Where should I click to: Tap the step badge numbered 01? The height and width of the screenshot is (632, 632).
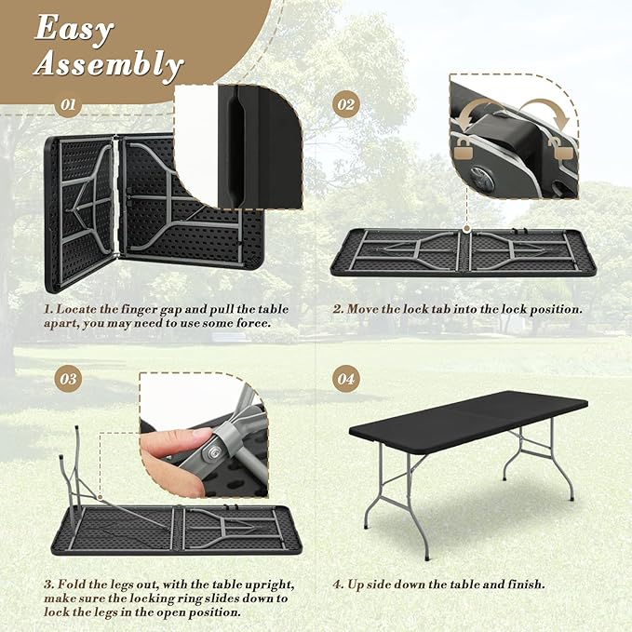[x=68, y=105]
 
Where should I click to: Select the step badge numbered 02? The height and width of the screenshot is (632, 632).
[x=346, y=105]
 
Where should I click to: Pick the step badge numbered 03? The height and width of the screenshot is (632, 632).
[x=68, y=379]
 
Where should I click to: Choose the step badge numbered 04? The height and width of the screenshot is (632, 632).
[x=346, y=379]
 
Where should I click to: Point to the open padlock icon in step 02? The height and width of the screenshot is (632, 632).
[x=562, y=148]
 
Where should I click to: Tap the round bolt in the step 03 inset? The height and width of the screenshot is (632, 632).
[x=212, y=455]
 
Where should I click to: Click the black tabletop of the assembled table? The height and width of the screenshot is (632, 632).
[x=468, y=423]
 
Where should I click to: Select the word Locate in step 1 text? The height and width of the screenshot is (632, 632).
[x=76, y=310]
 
